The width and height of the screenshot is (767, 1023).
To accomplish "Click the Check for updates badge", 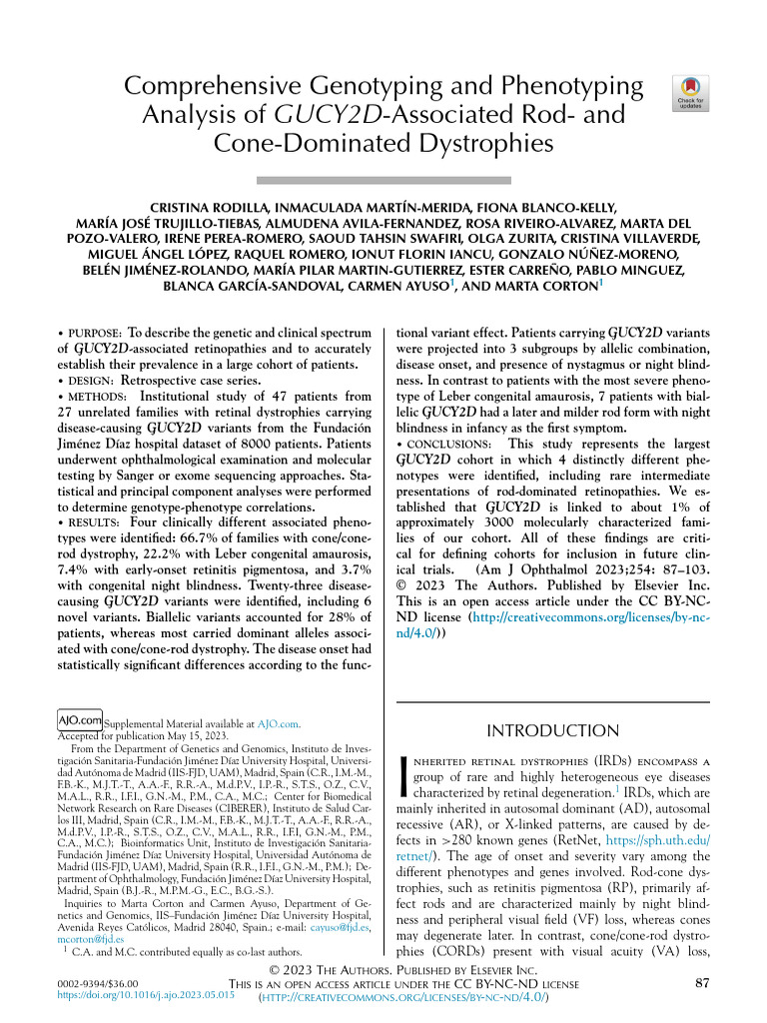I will click(692, 91).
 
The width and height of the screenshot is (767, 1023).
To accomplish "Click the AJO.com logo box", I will click(81, 719).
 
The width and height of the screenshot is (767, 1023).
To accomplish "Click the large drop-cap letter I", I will click(403, 777).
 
